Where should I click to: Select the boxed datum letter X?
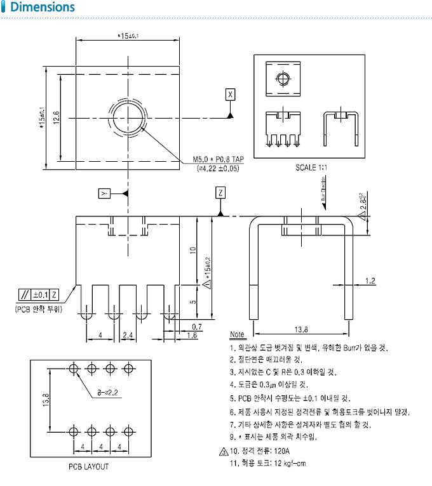click(x=230, y=95)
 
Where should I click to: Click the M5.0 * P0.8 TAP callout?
click(x=218, y=160)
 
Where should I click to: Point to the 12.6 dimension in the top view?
click(x=56, y=117)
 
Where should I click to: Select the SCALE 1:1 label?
click(x=309, y=167)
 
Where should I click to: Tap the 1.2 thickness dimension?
click(x=370, y=280)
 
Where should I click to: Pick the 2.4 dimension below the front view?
click(x=127, y=334)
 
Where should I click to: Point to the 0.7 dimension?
click(x=196, y=326)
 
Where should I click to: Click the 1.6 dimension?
click(x=191, y=335)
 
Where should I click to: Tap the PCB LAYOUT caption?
click(x=88, y=466)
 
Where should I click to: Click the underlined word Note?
click(x=237, y=334)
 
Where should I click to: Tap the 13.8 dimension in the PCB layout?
click(x=45, y=401)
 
